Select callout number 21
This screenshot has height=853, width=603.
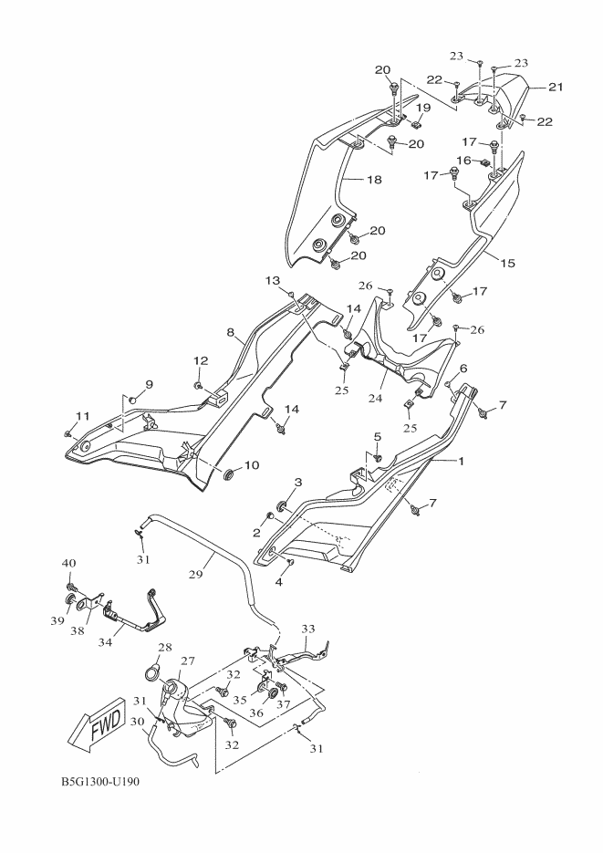(556, 88)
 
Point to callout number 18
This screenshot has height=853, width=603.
(373, 181)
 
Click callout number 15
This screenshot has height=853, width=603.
(506, 263)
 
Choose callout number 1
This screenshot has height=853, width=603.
(461, 462)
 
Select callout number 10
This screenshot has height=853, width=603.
(251, 465)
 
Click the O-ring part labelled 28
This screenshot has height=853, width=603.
(151, 676)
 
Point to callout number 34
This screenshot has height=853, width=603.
(105, 642)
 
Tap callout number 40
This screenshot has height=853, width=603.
(68, 562)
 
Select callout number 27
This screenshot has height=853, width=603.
(187, 661)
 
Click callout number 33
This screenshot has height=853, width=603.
(307, 629)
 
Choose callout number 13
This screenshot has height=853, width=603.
(272, 279)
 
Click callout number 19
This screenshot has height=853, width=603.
(423, 108)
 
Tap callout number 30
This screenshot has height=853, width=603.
(139, 721)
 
